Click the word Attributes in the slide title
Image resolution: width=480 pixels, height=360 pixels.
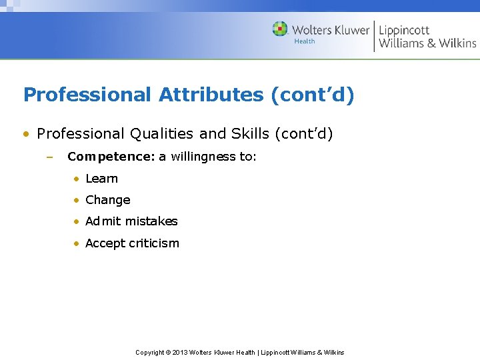point(211,95)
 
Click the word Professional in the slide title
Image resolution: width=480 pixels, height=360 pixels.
point(87,95)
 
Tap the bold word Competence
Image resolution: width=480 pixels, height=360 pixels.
point(111,157)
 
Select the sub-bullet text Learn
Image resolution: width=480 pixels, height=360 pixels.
point(101,179)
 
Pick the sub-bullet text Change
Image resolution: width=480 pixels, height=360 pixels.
point(107,200)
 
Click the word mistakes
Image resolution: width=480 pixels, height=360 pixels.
point(153,221)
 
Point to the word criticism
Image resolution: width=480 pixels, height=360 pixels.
point(154,243)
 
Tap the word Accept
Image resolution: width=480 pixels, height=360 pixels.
point(105,243)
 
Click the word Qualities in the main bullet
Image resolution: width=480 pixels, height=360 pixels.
point(161,134)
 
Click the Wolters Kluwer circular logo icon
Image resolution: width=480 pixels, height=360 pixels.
point(280,29)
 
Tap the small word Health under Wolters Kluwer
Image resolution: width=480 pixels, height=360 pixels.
point(305,41)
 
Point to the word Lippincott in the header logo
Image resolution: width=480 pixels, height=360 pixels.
point(404,30)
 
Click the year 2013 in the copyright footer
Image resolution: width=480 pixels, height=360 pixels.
point(180,352)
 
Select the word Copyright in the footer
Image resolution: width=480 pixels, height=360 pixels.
point(150,352)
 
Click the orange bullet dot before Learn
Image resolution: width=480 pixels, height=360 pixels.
point(77,179)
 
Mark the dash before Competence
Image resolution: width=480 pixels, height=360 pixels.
point(49,157)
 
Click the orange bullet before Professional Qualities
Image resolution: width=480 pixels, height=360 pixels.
point(27,134)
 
